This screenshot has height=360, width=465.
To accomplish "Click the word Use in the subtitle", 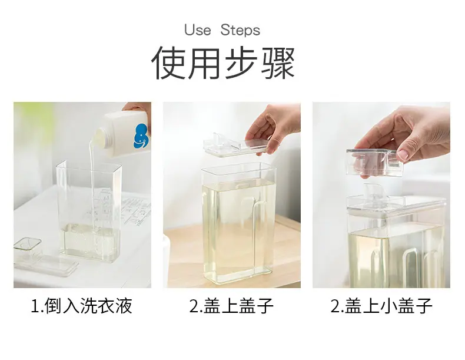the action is [198, 30].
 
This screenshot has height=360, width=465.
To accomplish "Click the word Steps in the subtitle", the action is [240, 30].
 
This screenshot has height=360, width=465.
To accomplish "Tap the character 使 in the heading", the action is [168, 62].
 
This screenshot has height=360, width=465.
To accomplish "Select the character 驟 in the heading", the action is [278, 62].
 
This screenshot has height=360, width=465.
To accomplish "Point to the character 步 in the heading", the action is [241, 62].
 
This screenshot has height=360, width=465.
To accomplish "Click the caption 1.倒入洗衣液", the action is [82, 306].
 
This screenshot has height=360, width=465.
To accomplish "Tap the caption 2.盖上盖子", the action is [231, 306].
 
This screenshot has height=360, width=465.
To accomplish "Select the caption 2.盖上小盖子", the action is [381, 306].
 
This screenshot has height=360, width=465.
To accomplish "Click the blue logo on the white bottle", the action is [141, 136].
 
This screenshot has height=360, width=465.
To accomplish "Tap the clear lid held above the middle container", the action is [231, 144].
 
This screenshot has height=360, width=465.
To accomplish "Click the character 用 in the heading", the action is [205, 62].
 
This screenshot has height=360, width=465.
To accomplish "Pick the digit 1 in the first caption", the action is [35, 306].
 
